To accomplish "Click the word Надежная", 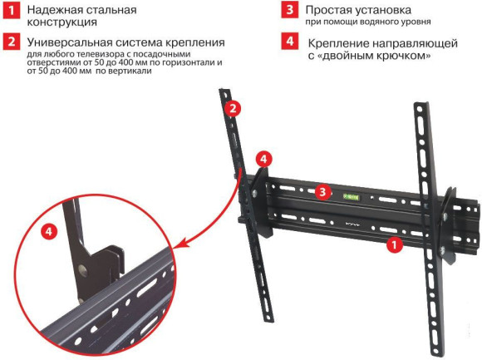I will [57, 10].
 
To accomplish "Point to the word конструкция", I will [63, 22].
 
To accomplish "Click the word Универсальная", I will [71, 42].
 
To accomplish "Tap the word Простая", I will [332, 10].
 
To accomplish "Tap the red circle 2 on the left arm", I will [234, 108].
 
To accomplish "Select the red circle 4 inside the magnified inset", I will [50, 233].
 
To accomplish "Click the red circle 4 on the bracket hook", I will [262, 158].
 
